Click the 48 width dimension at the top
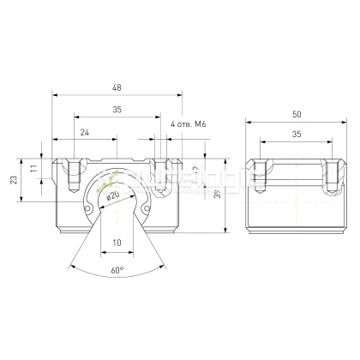(117, 87)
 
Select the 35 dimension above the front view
(117, 109)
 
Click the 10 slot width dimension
(117, 243)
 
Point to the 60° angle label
(117, 269)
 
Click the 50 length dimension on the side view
(296, 113)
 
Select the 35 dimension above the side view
(296, 134)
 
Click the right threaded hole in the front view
(158, 176)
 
